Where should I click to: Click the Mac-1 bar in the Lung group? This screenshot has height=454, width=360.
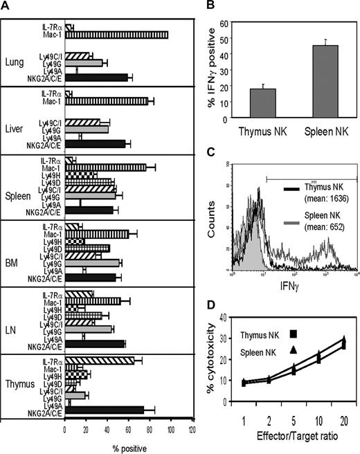(x=116, y=35)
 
